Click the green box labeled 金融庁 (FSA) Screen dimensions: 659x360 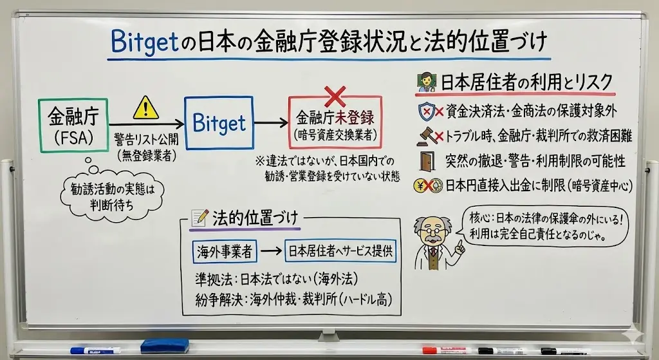[x=73, y=126]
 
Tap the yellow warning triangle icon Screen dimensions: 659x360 [x=145, y=108]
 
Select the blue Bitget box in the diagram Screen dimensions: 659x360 [x=219, y=123]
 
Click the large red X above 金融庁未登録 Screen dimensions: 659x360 [x=335, y=97]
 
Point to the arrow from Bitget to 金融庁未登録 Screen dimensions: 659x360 [x=271, y=123]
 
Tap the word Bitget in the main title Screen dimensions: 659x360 [x=145, y=43]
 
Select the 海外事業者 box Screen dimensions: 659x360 [x=225, y=251]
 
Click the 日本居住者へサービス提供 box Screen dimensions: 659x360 [x=340, y=251]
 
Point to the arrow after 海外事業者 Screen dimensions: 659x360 [x=271, y=251]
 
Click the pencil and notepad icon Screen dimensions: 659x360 [x=200, y=218]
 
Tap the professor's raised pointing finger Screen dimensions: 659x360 [x=461, y=246]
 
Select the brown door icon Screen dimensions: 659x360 [x=427, y=161]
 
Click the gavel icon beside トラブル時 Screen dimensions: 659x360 [x=425, y=137]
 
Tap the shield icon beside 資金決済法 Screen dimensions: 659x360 [x=426, y=111]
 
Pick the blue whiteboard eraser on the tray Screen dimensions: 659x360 [x=164, y=346]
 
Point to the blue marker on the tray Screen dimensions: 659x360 [x=95, y=350]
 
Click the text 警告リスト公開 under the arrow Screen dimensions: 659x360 [x=146, y=139]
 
